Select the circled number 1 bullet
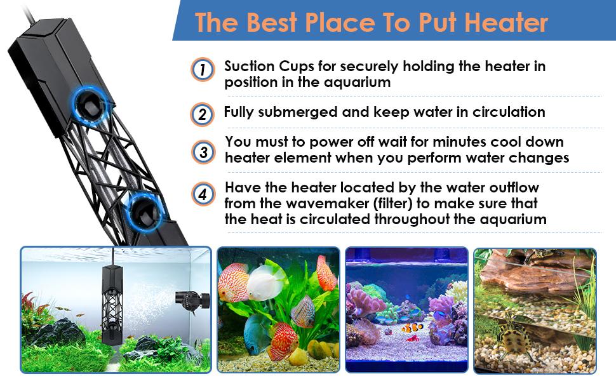[x=203, y=70]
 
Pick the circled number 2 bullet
[x=203, y=114]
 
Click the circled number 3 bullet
[x=203, y=152]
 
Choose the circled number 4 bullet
[x=203, y=194]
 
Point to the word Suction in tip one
[x=249, y=66]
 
